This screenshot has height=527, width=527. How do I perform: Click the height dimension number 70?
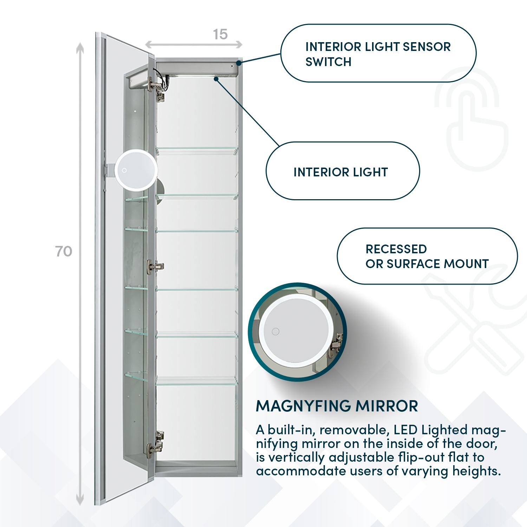point(64,252)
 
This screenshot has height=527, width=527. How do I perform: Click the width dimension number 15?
point(220,34)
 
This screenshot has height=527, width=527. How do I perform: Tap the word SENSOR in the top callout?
point(427,47)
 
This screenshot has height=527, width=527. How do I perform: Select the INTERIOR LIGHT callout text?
point(340,172)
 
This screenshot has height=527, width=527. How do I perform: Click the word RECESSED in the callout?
point(396,249)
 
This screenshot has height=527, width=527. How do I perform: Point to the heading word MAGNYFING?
point(303,406)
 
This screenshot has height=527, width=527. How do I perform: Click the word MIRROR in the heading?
point(387,406)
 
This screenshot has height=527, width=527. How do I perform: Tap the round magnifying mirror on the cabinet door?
point(136,170)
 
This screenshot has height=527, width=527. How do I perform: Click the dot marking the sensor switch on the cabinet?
point(239,63)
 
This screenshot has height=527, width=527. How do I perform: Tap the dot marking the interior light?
point(216,79)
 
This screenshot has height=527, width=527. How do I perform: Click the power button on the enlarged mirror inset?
point(276,331)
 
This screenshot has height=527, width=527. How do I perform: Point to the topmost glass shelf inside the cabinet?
point(197,150)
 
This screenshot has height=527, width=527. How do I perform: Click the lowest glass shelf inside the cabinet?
point(197,381)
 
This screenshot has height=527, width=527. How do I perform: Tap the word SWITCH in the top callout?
point(328,62)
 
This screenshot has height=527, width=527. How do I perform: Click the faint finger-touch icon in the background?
point(473,119)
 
